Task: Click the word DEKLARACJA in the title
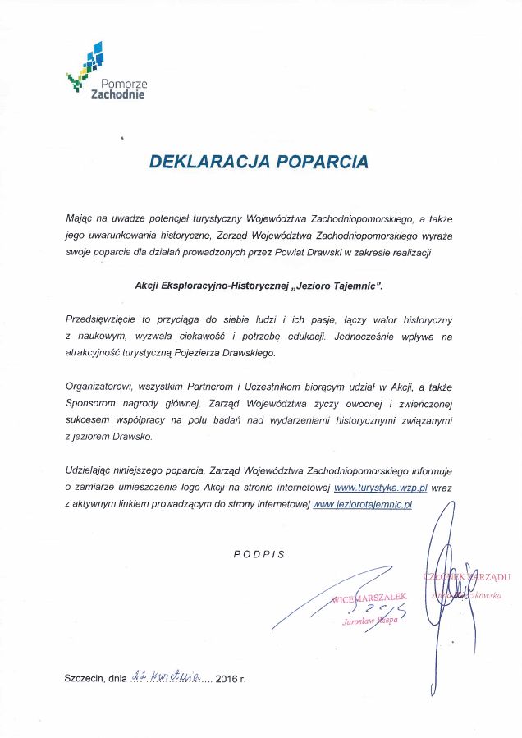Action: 206,161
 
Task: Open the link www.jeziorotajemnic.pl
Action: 363,503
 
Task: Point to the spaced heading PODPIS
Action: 259,554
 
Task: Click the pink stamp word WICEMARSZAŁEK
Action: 369,600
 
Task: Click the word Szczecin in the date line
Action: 85,679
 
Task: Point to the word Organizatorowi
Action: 98,387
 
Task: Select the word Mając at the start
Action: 80,219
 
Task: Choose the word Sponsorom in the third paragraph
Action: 90,404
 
